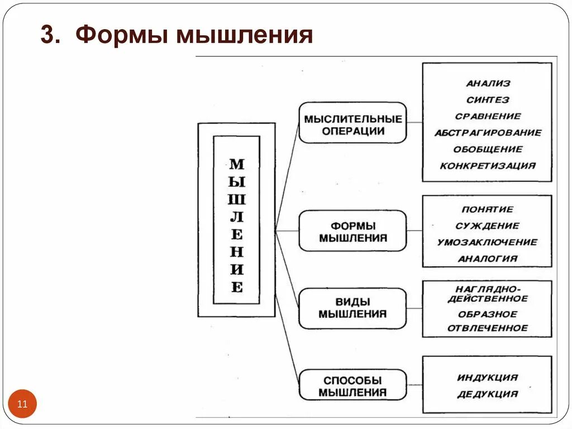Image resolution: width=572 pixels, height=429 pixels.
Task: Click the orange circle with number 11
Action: point(22,404)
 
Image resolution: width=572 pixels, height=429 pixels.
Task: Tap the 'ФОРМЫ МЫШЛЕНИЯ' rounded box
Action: point(352,232)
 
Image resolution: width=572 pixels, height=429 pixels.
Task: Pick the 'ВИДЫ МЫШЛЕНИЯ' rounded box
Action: point(352,308)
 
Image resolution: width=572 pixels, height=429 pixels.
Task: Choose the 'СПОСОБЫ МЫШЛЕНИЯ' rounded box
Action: point(352,386)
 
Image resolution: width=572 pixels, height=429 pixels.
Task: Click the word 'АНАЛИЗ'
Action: point(488,83)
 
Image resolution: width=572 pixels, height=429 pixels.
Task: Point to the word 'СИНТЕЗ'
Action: point(488,100)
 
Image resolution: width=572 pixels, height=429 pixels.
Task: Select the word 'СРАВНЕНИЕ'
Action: point(488,116)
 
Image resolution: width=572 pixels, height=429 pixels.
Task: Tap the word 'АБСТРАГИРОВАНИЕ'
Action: point(488,133)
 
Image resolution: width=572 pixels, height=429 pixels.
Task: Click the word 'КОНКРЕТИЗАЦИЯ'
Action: point(488,166)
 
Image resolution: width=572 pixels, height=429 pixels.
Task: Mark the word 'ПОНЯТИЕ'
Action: point(488,209)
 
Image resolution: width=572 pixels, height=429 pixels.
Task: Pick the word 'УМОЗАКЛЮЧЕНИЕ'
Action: point(488,242)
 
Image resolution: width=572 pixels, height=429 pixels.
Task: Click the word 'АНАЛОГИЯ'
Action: point(488,258)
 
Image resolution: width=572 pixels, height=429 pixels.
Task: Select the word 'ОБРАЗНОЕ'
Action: point(488,314)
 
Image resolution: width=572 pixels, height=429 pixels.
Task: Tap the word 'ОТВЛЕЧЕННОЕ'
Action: point(488,328)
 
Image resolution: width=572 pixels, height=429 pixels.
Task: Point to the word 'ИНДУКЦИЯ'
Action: point(488,378)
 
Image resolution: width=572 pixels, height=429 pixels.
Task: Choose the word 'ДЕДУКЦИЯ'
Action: point(488,394)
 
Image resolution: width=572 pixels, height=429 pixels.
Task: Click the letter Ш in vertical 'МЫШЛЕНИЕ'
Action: point(237,200)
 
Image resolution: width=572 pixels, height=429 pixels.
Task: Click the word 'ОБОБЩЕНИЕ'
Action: point(488,149)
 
